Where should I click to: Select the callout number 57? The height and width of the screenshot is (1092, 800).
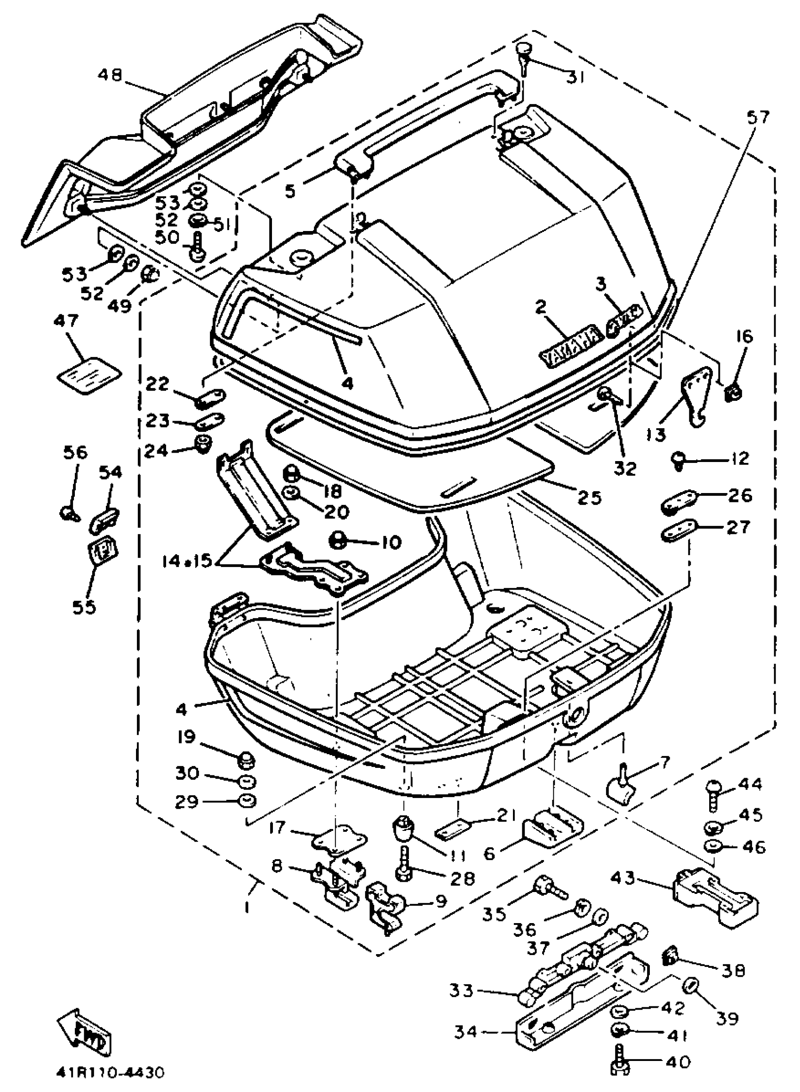758,118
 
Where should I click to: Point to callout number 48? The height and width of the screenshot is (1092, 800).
111,75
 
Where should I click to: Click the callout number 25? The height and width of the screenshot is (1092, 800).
589,497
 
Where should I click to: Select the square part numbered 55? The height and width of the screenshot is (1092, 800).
103,552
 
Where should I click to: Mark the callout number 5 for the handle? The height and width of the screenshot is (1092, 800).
290,191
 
